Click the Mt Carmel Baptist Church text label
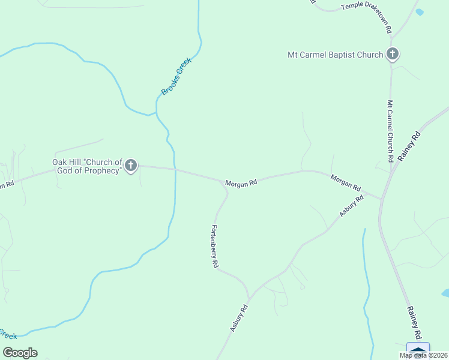pyautogui.click(x=335, y=55)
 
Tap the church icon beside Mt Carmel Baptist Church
pyautogui.click(x=392, y=55)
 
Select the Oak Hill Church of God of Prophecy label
pyautogui.click(x=88, y=166)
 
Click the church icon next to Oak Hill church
pyautogui.click(x=131, y=166)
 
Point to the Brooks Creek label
pyautogui.click(x=175, y=76)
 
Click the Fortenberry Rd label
pyautogui.click(x=214, y=246)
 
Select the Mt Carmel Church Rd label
pyautogui.click(x=390, y=131)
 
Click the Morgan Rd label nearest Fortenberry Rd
pyautogui.click(x=241, y=183)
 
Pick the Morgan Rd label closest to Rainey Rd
pyautogui.click(x=345, y=183)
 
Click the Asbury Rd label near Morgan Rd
pyautogui.click(x=352, y=206)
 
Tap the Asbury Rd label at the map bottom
pyautogui.click(x=239, y=317)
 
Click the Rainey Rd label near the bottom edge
pyautogui.click(x=414, y=322)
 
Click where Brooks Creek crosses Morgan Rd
pyautogui.click(x=175, y=170)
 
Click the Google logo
pyautogui.click(x=20, y=353)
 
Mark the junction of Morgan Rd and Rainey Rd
pyautogui.click(x=381, y=198)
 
